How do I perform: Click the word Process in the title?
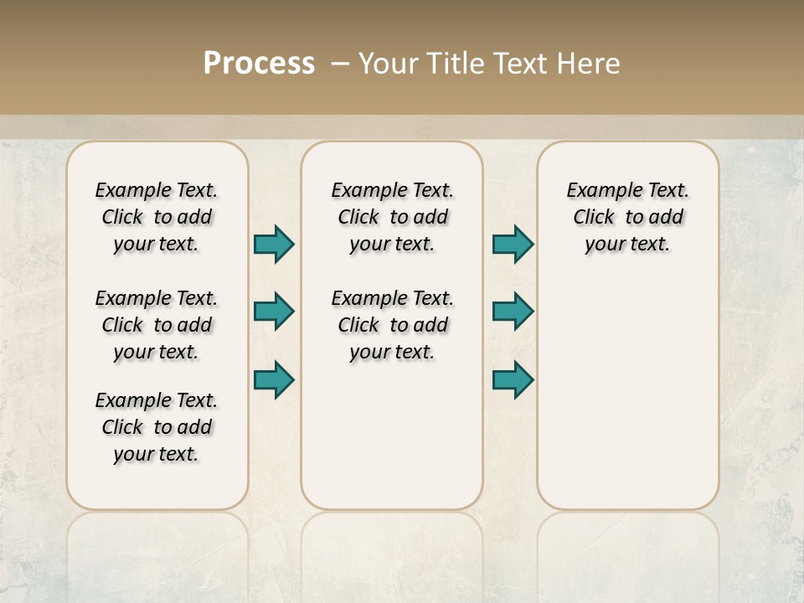click(259, 64)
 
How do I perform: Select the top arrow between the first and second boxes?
click(274, 244)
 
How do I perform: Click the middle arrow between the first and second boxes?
click(274, 312)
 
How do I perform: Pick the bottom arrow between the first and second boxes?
click(274, 379)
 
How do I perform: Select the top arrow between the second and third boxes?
click(513, 244)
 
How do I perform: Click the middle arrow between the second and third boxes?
click(513, 312)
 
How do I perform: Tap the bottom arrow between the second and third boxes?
click(513, 379)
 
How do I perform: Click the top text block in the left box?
click(157, 217)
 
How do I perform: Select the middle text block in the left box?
click(157, 325)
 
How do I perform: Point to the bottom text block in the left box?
click(157, 427)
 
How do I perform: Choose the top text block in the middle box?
click(392, 217)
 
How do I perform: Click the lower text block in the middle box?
click(392, 325)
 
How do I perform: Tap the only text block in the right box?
click(627, 217)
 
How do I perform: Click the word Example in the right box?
click(597, 190)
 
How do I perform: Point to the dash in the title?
click(340, 64)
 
